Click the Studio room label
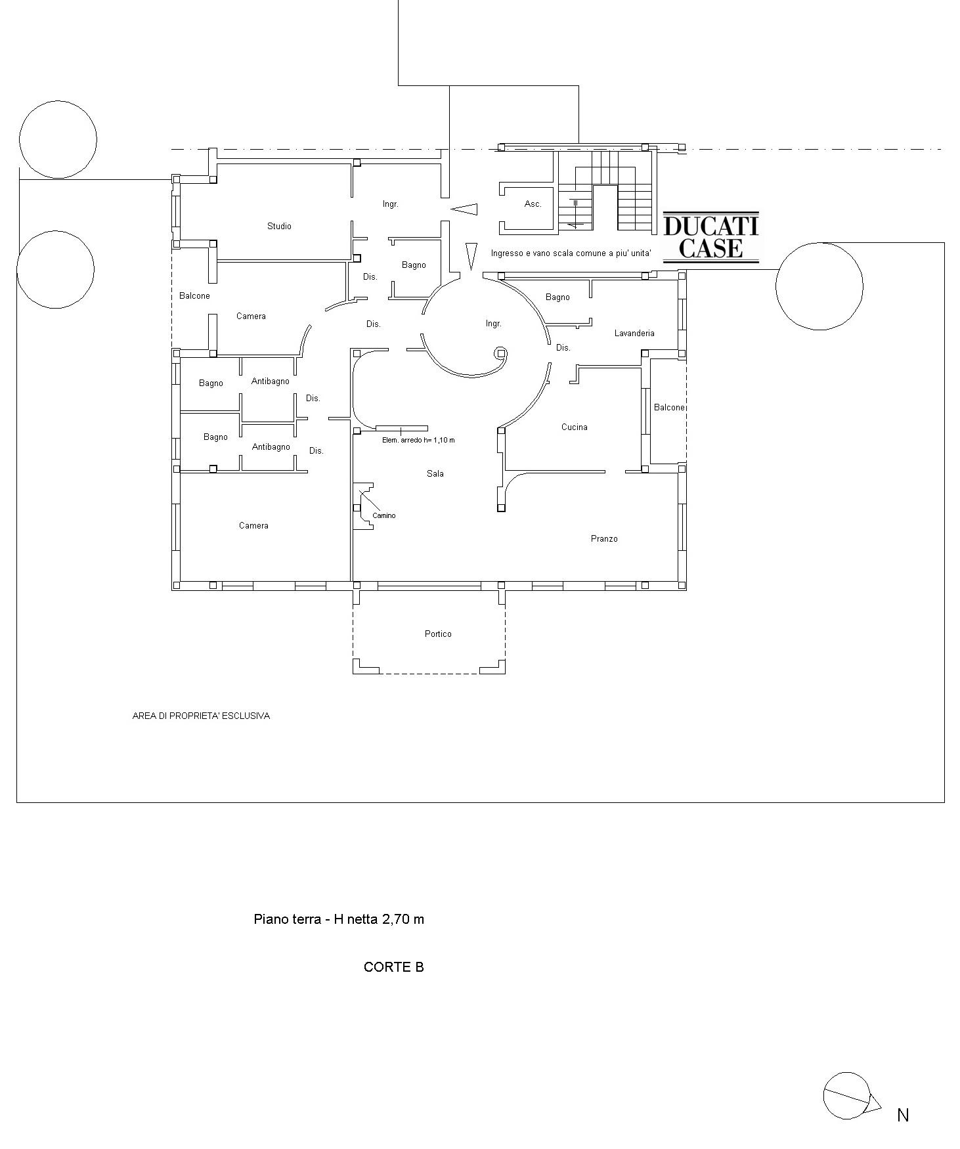pos(279,227)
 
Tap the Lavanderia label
pos(634,334)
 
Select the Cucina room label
pos(575,427)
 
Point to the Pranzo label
pos(604,539)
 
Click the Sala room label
pos(435,473)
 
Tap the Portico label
pos(438,634)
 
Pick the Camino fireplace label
pos(384,516)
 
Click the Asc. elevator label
pos(533,204)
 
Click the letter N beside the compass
pos(903,1115)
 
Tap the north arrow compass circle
pos(846,1095)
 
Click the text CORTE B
pos(394,967)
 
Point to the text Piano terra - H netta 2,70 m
pos(339,919)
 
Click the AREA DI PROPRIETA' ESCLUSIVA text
pos(201,716)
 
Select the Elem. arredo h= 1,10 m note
pos(418,440)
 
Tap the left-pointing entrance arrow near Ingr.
pos(464,209)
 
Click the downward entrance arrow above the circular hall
pos(471,256)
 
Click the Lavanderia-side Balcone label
pos(669,408)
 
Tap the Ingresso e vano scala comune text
pos(571,253)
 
